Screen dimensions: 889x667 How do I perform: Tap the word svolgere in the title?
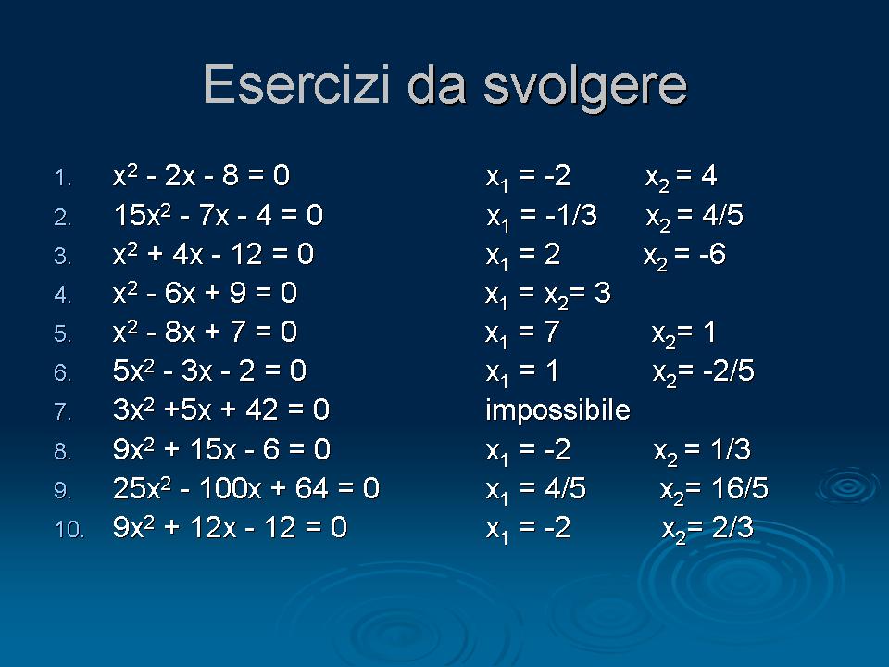tap(585, 88)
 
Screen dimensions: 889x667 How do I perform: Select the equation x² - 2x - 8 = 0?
tap(201, 175)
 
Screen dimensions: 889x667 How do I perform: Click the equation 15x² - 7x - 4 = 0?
tap(219, 215)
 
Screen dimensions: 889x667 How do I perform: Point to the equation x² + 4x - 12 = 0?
tap(213, 254)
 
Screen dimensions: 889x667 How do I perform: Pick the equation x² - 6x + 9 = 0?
tap(205, 293)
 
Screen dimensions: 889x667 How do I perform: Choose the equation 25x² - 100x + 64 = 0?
tap(246, 488)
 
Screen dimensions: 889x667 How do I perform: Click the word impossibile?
tap(557, 410)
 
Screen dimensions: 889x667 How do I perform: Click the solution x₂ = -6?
tap(684, 257)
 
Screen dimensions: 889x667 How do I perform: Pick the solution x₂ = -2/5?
tap(704, 373)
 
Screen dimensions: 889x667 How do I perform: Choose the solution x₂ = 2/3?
tap(707, 530)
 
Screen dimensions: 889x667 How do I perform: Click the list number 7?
tap(62, 411)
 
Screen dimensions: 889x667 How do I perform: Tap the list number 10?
tap(69, 529)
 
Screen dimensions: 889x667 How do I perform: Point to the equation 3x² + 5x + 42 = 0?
tap(221, 409)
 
